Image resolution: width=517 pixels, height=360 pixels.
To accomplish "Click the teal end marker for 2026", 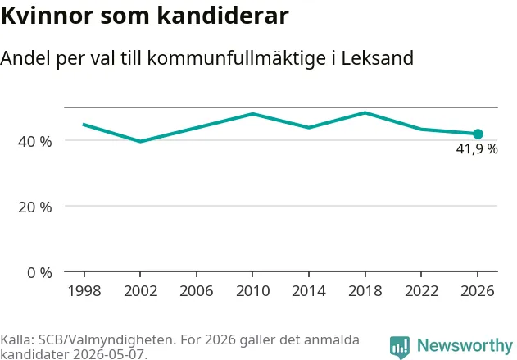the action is [x=478, y=134].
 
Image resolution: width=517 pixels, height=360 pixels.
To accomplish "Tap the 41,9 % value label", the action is [x=477, y=149].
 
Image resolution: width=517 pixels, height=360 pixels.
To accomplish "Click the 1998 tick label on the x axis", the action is [x=84, y=291].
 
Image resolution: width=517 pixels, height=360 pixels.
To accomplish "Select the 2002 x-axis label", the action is [x=140, y=291].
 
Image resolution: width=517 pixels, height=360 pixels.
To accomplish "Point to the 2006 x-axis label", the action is [x=197, y=291].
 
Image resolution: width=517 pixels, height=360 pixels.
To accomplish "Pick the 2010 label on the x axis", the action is [x=253, y=291].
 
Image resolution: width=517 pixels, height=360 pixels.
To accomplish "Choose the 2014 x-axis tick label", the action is [x=309, y=291].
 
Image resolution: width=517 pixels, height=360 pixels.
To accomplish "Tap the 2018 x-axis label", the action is [x=365, y=291].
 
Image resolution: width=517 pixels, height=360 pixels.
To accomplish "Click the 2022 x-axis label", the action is [x=421, y=291].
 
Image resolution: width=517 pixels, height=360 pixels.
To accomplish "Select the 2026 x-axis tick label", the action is [x=478, y=291].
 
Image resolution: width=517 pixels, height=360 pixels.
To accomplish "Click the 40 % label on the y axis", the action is [x=35, y=142].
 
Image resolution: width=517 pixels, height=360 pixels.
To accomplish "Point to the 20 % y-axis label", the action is [x=35, y=207].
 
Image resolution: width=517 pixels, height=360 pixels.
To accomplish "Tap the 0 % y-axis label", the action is [x=39, y=273].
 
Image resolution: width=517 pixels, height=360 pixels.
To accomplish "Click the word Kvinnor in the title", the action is [x=48, y=16].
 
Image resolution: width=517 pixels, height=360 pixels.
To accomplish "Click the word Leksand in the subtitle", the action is [x=377, y=58].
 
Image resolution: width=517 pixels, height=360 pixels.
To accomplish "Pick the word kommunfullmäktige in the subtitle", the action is [x=237, y=59].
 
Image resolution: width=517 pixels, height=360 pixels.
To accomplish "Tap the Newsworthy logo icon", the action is [x=400, y=347].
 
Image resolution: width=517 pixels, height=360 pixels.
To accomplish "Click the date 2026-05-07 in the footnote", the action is [x=109, y=355].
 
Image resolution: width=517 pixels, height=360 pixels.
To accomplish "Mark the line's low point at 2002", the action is [x=140, y=141].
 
